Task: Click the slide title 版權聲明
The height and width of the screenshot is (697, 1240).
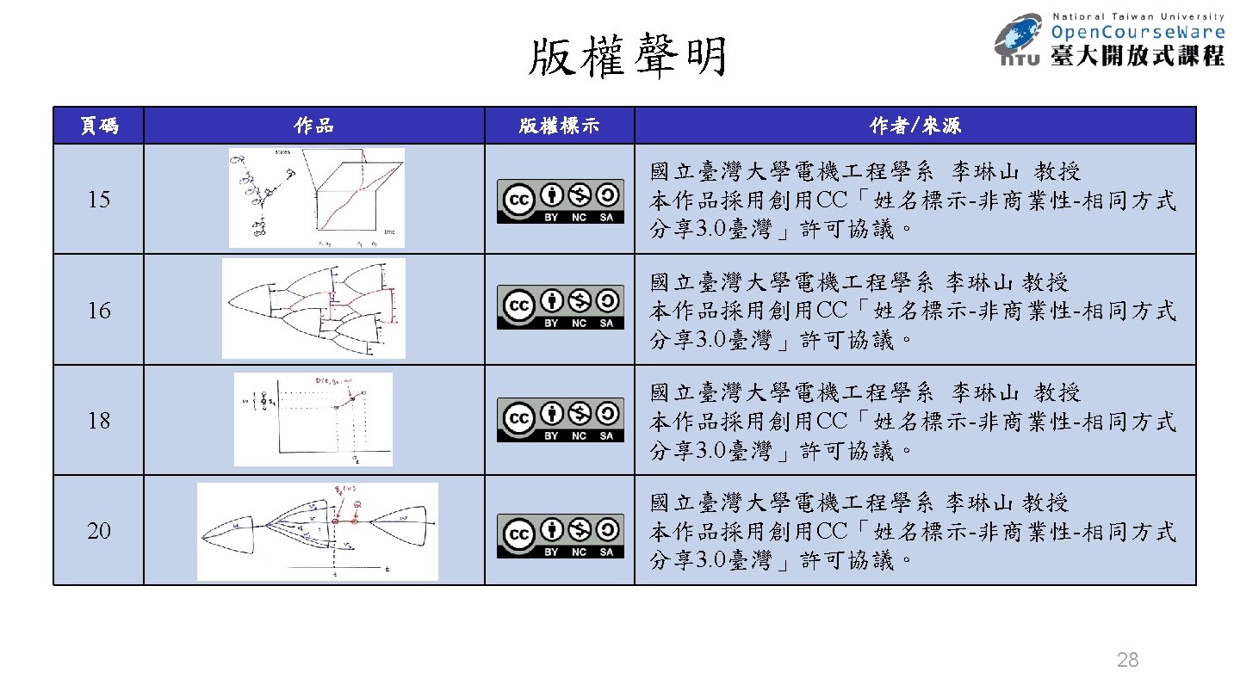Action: [628, 59]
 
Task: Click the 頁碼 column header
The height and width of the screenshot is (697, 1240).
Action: [98, 126]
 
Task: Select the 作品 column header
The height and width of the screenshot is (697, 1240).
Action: [313, 126]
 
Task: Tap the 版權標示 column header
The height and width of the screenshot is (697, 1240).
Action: [559, 126]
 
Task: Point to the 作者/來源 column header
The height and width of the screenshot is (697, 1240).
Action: [914, 126]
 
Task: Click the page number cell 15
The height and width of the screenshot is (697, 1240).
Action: [99, 200]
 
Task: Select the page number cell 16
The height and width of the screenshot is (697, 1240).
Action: [99, 310]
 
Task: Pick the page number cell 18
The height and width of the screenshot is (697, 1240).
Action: [99, 420]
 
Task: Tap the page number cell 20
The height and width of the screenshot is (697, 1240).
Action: [99, 530]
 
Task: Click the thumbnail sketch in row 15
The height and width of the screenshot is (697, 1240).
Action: [316, 198]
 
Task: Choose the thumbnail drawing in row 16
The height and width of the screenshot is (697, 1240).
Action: [313, 308]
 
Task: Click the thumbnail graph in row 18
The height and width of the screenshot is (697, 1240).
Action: [313, 419]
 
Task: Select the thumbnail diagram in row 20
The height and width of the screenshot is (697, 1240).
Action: [317, 531]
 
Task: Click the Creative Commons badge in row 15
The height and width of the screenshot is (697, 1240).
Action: [560, 201]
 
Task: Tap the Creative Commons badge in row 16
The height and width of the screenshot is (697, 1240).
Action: [560, 307]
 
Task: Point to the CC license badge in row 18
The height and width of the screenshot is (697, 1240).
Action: [560, 419]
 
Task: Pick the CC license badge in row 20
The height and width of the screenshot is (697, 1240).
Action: [560, 536]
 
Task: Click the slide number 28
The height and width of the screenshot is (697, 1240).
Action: [1127, 660]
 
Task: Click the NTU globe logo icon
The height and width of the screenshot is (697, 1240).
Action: [1021, 40]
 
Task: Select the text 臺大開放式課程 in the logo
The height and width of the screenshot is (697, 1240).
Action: [1138, 56]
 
